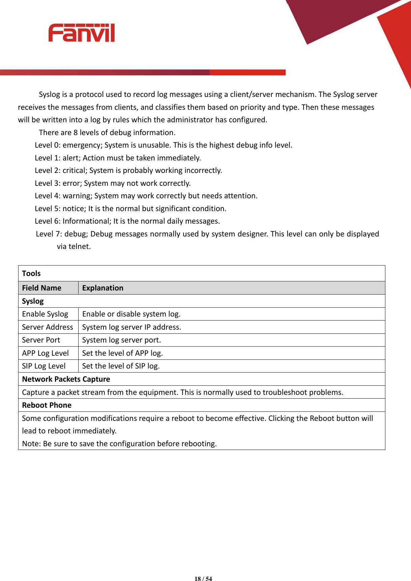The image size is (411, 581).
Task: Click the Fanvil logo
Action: coord(81,33)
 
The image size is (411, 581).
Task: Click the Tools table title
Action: coord(31,273)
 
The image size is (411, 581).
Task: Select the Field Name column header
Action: coord(41,288)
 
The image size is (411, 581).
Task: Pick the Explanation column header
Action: coord(102,288)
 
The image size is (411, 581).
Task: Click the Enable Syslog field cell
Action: coord(45,314)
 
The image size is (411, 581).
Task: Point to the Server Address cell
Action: coord(47,327)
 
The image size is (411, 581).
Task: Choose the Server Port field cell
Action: coord(41,340)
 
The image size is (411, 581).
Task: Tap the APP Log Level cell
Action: coord(45,353)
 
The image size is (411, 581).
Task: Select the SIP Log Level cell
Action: coord(43,366)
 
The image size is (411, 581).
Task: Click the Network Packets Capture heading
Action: coord(66,379)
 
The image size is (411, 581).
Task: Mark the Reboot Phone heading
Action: coord(47,405)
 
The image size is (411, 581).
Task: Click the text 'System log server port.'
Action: coord(121,340)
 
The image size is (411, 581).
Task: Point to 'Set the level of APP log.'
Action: coord(122,353)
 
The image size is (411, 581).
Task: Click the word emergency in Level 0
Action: coord(82,145)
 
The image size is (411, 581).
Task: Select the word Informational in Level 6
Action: coord(86,221)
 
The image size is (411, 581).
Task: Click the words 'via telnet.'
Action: coord(74,247)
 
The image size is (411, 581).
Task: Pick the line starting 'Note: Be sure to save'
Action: coord(119,444)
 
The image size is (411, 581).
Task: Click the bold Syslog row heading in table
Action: coord(33,301)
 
